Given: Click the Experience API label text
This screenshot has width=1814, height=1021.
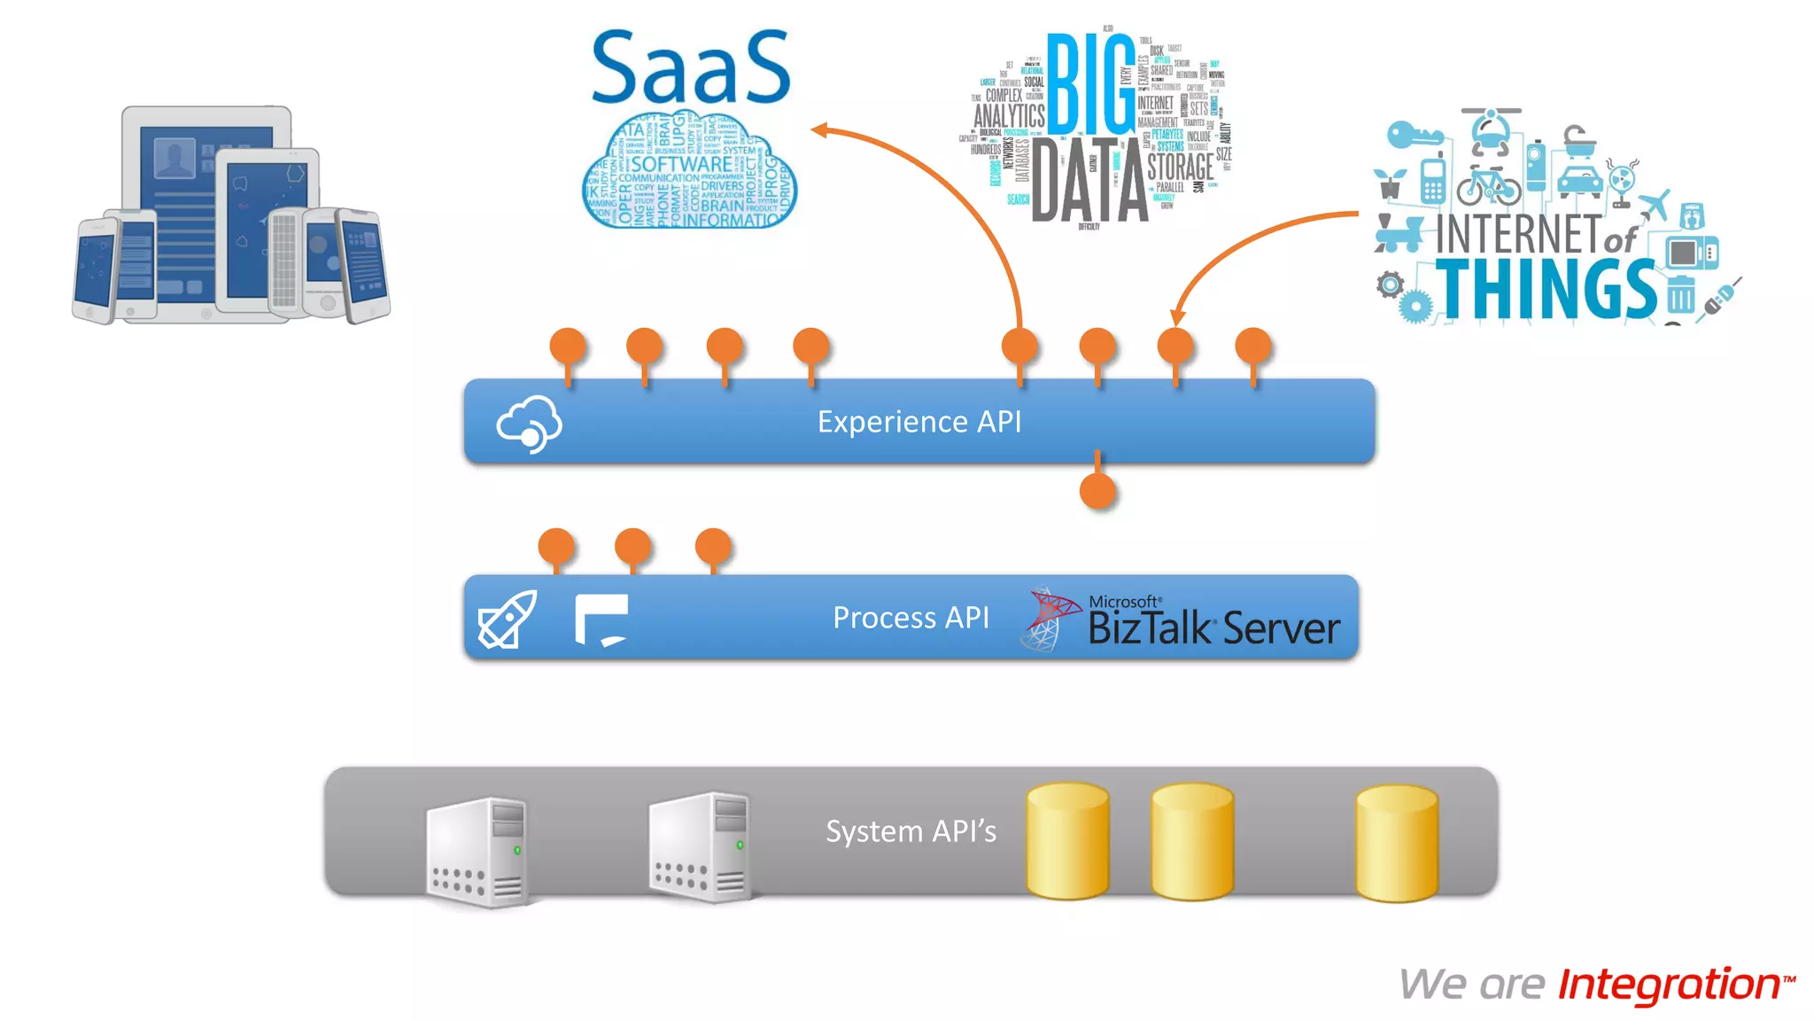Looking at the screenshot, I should pyautogui.click(x=919, y=422).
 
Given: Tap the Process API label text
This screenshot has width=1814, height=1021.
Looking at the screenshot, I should pyautogui.click(x=911, y=618).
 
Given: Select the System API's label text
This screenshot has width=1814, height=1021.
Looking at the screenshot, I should pyautogui.click(x=911, y=831).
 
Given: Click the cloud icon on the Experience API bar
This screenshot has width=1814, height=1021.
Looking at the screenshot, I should pyautogui.click(x=529, y=424).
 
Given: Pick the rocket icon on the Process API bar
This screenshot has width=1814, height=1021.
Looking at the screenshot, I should pyautogui.click(x=507, y=620).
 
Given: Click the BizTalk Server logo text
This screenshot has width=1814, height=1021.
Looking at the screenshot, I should pyautogui.click(x=1213, y=627).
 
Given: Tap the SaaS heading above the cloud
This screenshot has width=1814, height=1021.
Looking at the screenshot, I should pyautogui.click(x=690, y=67).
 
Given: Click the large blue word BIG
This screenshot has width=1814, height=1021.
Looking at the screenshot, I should pyautogui.click(x=1090, y=84).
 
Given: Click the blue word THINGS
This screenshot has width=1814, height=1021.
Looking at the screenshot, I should pyautogui.click(x=1546, y=289).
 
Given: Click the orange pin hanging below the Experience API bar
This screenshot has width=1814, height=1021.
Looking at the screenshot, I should pyautogui.click(x=1097, y=490).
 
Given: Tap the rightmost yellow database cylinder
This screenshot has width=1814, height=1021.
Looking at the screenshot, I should pyautogui.click(x=1397, y=843).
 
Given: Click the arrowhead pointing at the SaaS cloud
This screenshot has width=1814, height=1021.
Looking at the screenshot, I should pyautogui.click(x=819, y=130).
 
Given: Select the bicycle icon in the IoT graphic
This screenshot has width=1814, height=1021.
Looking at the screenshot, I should pyautogui.click(x=1488, y=184).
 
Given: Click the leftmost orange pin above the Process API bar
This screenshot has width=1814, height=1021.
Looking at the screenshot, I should pyautogui.click(x=556, y=547).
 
